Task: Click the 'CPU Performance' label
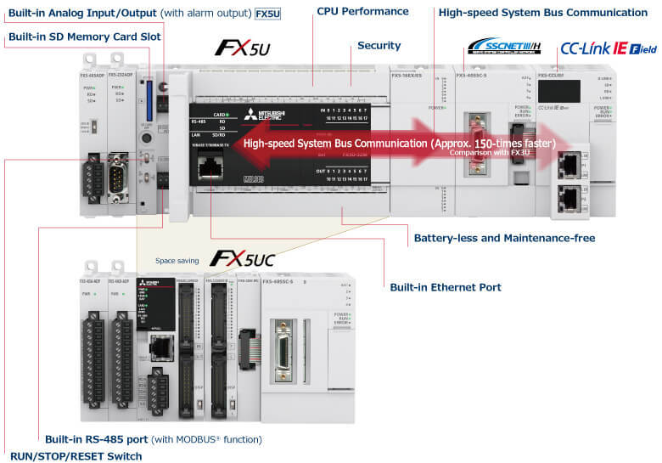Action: (362, 12)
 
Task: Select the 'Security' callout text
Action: (379, 45)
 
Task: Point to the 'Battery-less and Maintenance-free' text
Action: (502, 238)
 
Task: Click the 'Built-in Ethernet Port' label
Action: (446, 287)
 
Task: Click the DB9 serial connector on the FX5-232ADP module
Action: (118, 180)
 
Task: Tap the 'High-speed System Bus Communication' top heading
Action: (542, 13)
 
